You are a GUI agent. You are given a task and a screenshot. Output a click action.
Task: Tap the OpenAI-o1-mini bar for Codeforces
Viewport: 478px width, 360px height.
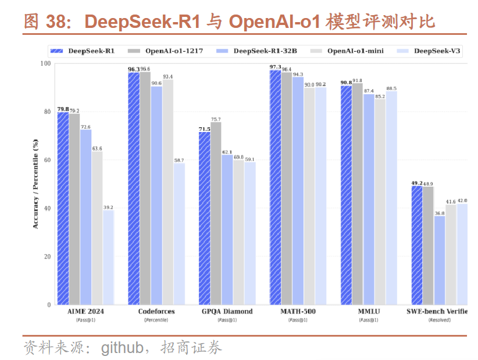(167, 192)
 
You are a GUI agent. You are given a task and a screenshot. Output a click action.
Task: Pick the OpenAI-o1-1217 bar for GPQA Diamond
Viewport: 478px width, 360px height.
(216, 213)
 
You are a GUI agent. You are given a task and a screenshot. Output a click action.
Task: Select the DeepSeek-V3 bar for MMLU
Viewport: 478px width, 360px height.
(391, 198)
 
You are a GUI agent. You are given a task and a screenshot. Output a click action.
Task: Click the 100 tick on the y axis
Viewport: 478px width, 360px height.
(45, 63)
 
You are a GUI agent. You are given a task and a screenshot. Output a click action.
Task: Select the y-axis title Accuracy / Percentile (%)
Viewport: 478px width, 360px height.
(35, 184)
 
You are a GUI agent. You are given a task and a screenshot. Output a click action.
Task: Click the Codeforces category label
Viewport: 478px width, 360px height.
(156, 312)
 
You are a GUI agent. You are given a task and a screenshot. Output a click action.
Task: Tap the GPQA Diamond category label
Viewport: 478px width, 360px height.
(227, 312)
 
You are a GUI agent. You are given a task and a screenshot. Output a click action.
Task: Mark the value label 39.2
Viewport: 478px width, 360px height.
(108, 207)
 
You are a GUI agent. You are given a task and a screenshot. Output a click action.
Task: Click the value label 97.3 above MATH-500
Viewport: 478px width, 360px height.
(275, 67)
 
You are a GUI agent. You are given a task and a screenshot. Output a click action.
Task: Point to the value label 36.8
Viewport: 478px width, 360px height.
(440, 213)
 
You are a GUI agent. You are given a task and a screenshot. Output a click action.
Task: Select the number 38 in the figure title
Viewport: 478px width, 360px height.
(55, 22)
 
